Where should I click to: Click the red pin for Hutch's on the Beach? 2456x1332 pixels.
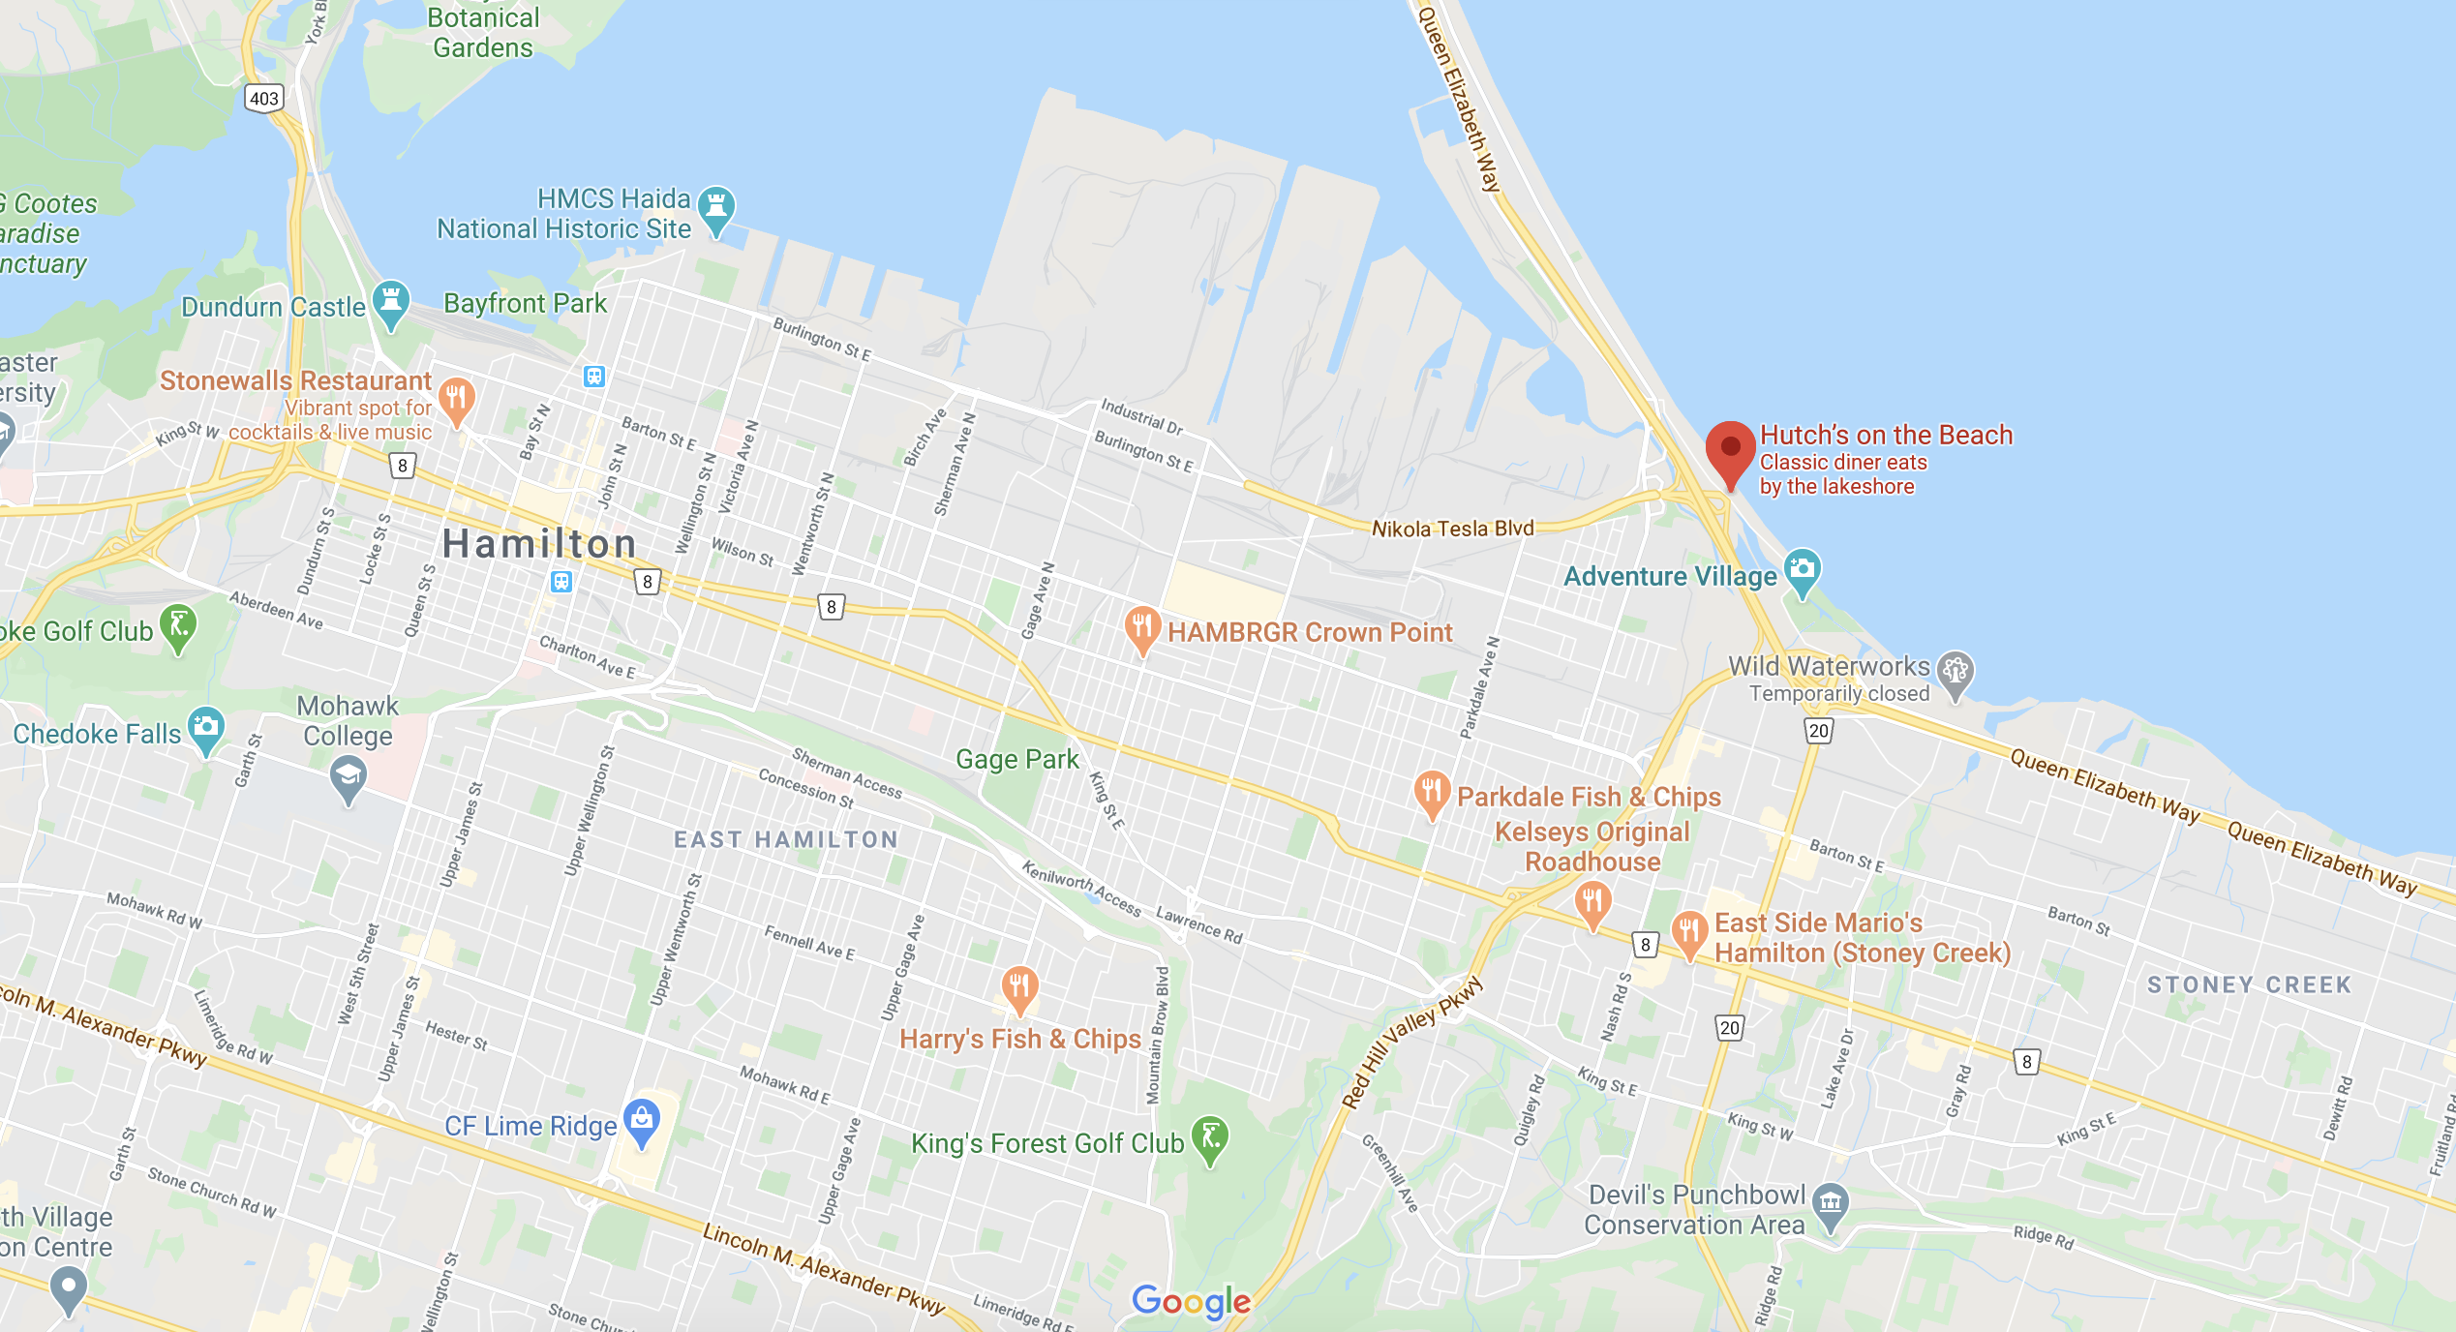coord(1730,449)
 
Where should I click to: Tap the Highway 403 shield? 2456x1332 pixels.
coord(264,99)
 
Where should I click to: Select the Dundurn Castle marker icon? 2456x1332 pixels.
coord(391,300)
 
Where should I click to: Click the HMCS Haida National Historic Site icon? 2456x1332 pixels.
coord(716,206)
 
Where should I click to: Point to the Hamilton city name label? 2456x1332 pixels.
coord(539,544)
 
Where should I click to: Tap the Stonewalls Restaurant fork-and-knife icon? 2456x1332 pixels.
coord(456,398)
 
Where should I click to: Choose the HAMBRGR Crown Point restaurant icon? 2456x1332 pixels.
coord(1142,626)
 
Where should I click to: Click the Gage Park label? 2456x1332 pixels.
coord(1016,760)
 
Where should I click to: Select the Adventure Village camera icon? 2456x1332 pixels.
coord(1802,569)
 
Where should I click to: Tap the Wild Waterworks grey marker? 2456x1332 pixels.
coord(1955,670)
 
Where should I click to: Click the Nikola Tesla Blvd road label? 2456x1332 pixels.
coord(1452,529)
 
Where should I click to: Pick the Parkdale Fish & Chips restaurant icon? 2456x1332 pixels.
coord(1432,791)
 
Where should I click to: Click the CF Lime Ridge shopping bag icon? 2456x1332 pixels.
coord(642,1120)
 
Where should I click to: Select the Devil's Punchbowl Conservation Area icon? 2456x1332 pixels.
coord(1830,1203)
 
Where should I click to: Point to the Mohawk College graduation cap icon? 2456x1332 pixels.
coord(349,776)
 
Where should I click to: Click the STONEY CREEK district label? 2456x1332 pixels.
coord(2249,985)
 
